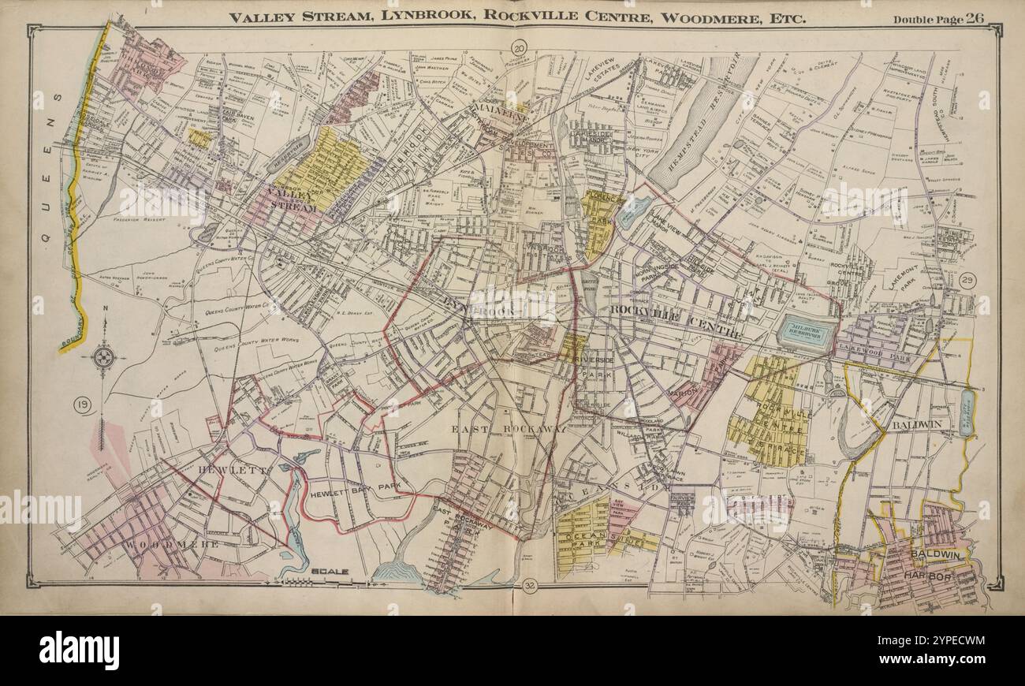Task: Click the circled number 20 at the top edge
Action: [518, 49]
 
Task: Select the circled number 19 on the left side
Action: [82, 405]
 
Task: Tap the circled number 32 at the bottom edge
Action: [530, 585]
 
